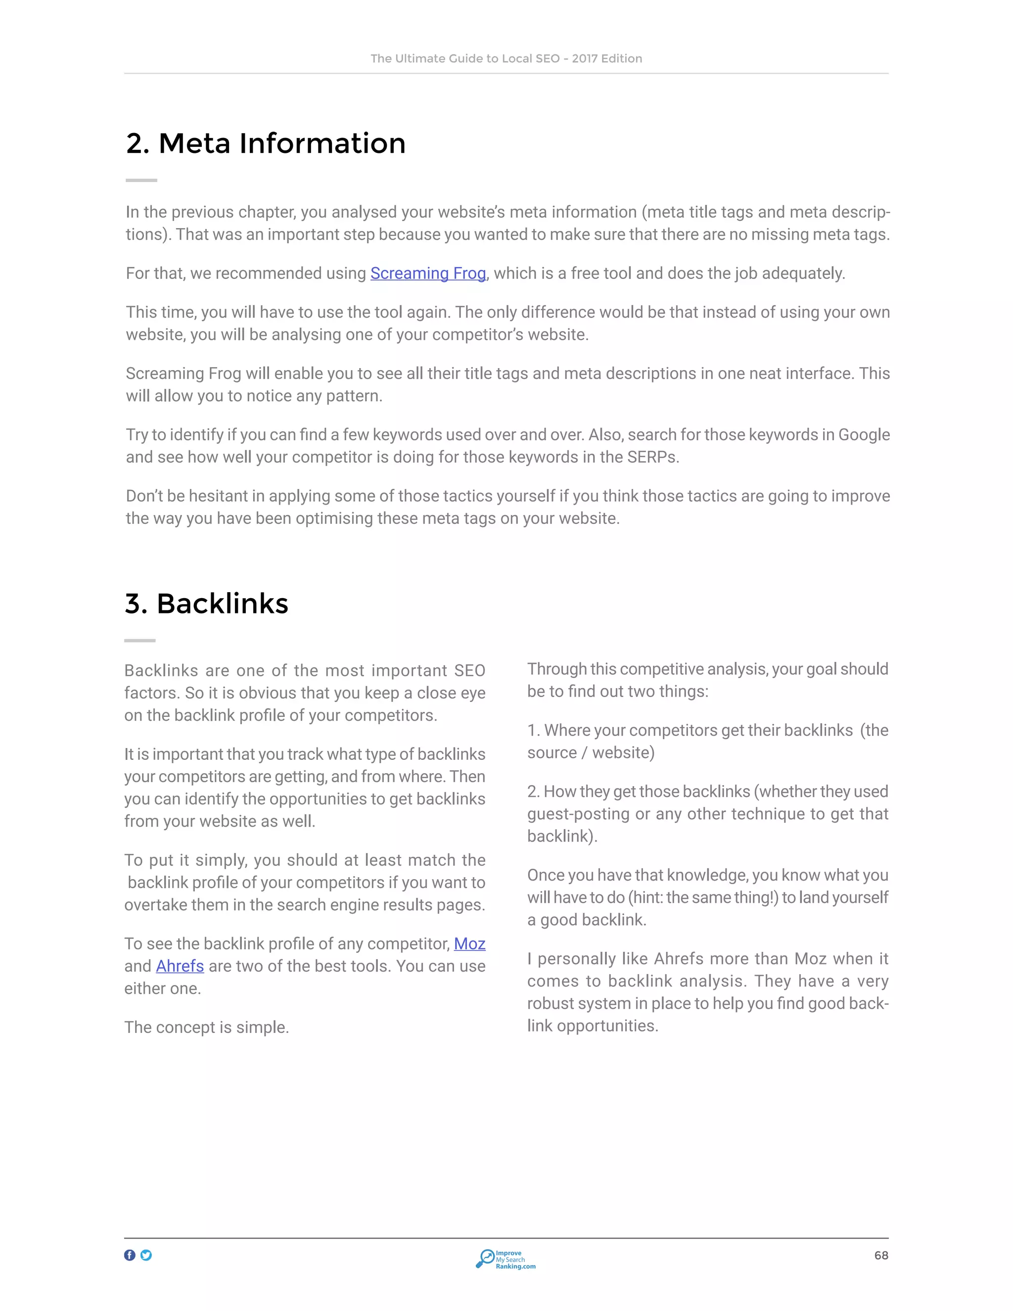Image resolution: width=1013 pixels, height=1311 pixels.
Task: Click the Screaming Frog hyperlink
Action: click(428, 273)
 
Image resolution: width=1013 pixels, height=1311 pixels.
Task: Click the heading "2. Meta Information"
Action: click(266, 143)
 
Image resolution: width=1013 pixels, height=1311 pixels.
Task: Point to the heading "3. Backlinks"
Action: click(206, 604)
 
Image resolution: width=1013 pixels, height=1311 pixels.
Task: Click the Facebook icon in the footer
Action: click(130, 1255)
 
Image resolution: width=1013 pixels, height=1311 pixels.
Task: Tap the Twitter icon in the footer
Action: click(146, 1255)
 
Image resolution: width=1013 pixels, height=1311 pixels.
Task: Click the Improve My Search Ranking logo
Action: click(506, 1259)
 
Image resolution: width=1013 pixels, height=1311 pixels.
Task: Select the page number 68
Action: click(881, 1255)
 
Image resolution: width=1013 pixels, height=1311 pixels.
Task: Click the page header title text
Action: click(506, 59)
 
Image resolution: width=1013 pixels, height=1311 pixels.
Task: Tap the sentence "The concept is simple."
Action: click(206, 1027)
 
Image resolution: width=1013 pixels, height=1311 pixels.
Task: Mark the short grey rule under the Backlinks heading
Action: click(140, 641)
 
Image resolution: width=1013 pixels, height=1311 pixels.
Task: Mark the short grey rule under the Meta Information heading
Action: click(141, 180)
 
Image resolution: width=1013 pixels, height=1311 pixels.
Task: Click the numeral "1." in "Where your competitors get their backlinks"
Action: click(533, 731)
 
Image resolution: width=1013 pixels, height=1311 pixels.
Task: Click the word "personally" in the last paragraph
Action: click(577, 959)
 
